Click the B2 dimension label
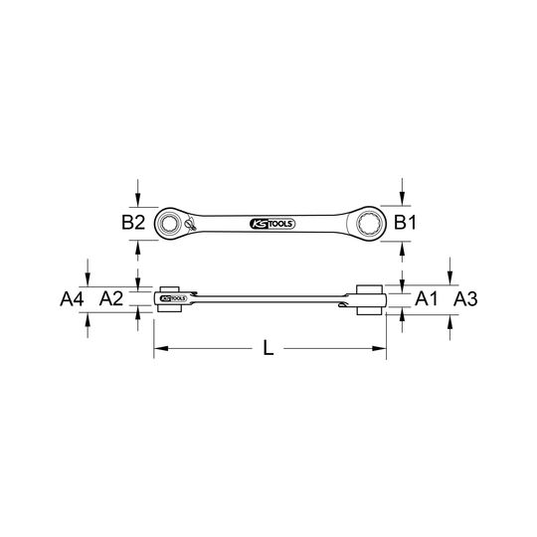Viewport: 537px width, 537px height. (133, 223)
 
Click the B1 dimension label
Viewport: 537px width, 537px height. (405, 223)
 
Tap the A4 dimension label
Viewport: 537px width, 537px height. (72, 299)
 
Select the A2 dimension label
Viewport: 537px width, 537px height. (111, 298)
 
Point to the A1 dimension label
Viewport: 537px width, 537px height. (426, 298)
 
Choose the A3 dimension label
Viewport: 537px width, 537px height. (465, 299)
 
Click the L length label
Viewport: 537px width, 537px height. (268, 348)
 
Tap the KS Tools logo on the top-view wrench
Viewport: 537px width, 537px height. (272, 224)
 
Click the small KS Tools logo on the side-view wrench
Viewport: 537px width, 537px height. (173, 298)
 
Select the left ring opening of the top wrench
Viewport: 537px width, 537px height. (169, 224)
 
